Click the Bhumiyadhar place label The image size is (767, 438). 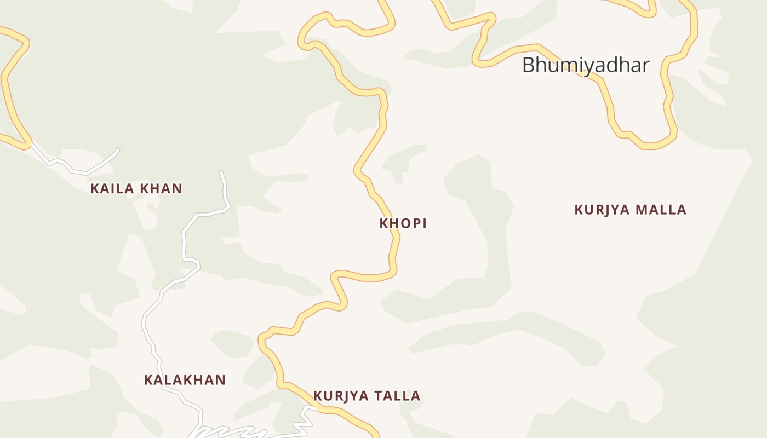point(585,65)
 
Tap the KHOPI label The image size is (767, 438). point(403,223)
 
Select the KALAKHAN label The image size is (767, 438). point(185,380)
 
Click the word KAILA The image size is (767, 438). point(109,189)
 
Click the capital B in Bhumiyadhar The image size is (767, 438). point(528,65)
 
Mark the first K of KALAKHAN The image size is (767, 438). point(148,380)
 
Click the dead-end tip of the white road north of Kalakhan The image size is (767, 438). point(221,172)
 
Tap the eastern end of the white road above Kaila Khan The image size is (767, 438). point(118,149)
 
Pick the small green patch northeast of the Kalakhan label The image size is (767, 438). point(232,344)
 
